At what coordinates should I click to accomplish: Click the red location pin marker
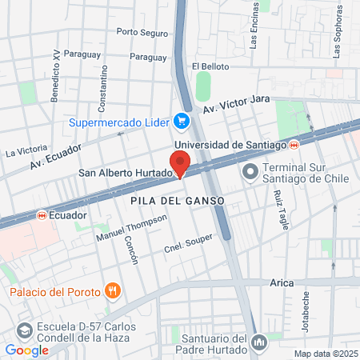coord(180,163)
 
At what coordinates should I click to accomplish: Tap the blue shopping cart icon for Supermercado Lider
coord(182,122)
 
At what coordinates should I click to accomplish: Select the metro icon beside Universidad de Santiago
coord(294,144)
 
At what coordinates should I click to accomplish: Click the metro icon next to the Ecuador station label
coord(41,215)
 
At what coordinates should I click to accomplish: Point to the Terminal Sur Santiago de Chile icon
coord(250,171)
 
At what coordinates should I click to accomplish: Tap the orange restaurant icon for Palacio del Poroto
coord(113,291)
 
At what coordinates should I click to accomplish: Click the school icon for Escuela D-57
coord(25,330)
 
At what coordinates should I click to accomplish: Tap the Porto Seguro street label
coord(142,33)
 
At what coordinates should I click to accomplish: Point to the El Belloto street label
coord(210,66)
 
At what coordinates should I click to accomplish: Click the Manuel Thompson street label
coord(131,228)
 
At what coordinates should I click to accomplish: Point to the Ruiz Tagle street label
coord(279,210)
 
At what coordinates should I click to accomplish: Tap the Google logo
coord(26,350)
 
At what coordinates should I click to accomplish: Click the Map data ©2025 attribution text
coord(324,354)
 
